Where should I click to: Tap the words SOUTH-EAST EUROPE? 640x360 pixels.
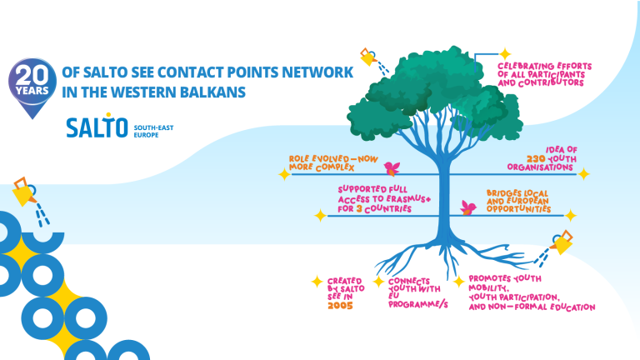153,131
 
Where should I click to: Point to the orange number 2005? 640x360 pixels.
340,306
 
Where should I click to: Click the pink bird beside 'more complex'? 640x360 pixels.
392,168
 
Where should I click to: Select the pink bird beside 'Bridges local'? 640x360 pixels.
468,207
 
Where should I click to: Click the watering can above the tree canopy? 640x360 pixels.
368,57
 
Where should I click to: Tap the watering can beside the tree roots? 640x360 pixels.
562,242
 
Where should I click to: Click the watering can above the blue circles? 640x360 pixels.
25,192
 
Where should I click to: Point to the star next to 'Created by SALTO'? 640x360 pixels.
317,282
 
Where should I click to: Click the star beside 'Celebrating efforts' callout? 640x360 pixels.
505,54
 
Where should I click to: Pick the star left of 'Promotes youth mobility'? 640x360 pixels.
459,281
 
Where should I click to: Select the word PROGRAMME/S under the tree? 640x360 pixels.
418,304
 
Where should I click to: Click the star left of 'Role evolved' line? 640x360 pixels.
284,174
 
